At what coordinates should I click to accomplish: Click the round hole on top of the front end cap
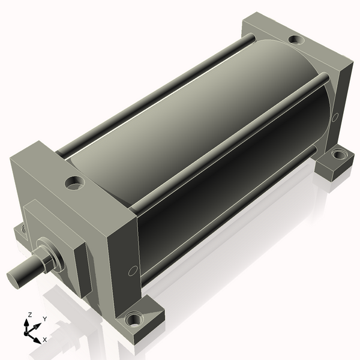pyautogui.click(x=74, y=182)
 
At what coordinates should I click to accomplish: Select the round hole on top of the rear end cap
pyautogui.click(x=296, y=40)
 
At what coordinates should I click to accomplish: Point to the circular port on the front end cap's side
pyautogui.click(x=133, y=271)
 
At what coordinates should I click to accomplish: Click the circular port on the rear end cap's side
pyautogui.click(x=335, y=117)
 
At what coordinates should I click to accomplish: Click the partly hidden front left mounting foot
pyautogui.click(x=20, y=232)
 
